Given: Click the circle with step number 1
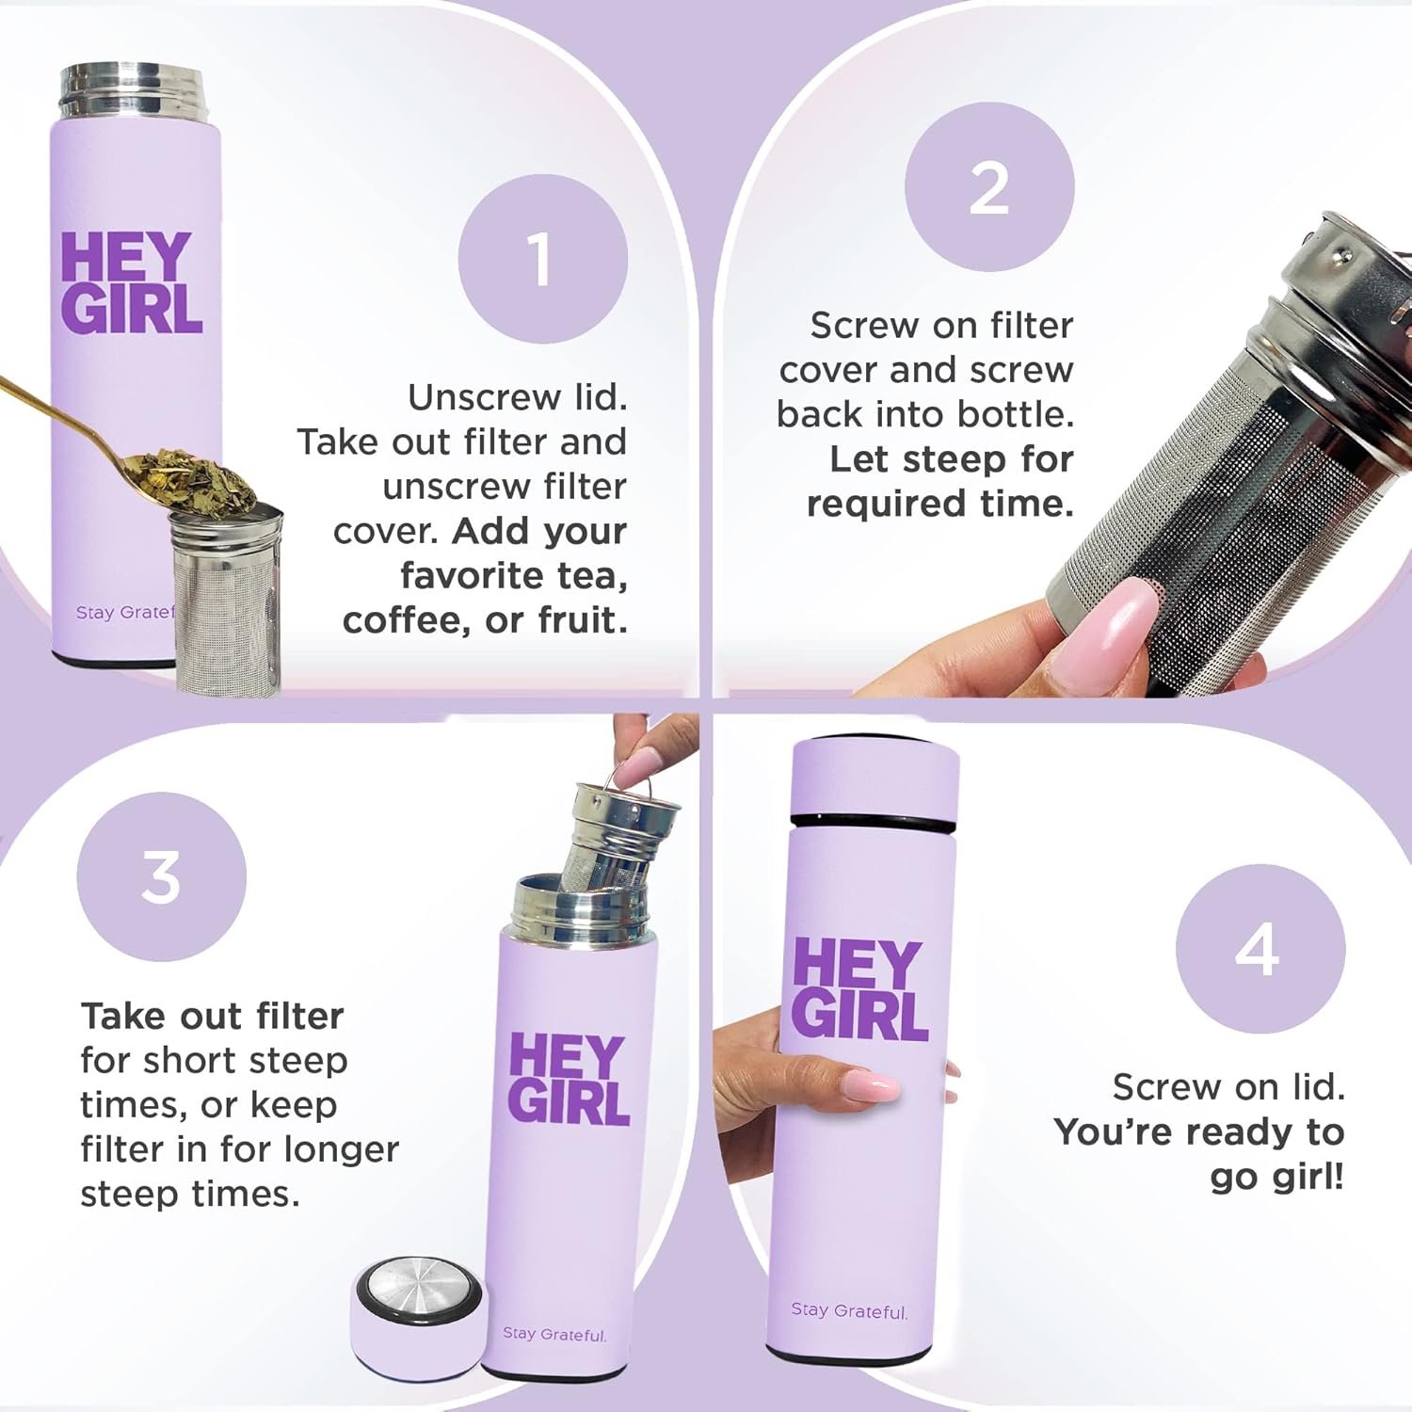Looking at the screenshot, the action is (543, 259).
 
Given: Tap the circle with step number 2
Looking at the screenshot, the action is (989, 187).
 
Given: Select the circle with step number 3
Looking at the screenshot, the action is (161, 876).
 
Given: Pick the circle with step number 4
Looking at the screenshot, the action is (1260, 949).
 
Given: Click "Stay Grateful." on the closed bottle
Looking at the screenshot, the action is (849, 1310).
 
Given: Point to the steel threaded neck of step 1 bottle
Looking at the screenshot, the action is (130, 91).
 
